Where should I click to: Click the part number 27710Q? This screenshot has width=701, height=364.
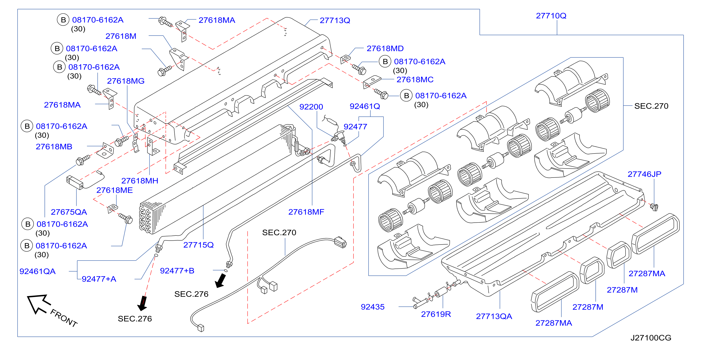point(551,16)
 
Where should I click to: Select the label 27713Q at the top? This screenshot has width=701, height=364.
point(335,20)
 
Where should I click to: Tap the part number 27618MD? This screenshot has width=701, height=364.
point(385,49)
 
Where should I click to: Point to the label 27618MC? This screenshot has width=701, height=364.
point(415,79)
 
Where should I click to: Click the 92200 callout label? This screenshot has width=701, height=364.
point(311,107)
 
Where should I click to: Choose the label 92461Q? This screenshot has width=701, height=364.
point(365,106)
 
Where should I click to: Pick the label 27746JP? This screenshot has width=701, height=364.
point(644,174)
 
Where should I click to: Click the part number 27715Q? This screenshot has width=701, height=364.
point(198,245)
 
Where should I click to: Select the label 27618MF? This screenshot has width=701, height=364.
point(306,212)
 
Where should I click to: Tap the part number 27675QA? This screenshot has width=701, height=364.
point(69,212)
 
